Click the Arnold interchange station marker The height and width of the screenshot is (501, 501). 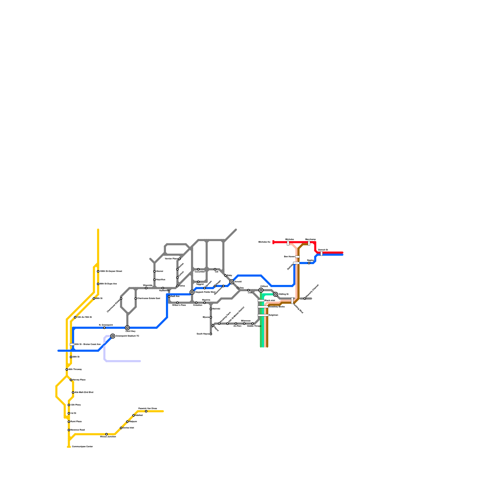coord(232,282)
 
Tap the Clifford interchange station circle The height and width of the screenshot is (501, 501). coord(261,290)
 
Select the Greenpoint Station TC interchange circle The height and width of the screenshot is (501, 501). coord(113,336)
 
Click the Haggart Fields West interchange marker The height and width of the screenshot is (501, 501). coord(192,292)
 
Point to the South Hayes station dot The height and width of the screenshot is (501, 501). coord(211,334)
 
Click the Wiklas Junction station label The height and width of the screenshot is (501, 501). coord(108,436)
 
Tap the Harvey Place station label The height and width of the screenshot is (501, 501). coord(79,380)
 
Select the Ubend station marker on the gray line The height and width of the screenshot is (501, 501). coord(154,271)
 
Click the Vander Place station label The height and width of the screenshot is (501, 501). coord(171,259)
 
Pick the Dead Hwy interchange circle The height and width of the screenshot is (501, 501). coord(127,328)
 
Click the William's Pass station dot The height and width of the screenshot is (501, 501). coord(177,303)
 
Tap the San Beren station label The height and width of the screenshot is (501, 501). coord(289,257)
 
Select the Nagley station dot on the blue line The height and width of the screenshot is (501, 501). coord(309,263)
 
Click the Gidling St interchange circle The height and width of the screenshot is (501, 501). coord(276,294)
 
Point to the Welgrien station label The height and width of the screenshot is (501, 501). coord(273,315)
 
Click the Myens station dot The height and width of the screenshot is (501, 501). coord(211,317)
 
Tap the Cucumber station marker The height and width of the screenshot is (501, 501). coord(198,269)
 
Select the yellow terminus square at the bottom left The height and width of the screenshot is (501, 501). coord(69,447)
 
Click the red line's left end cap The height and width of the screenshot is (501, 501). coord(273,242)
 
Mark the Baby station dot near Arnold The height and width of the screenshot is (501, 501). coord(225,276)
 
